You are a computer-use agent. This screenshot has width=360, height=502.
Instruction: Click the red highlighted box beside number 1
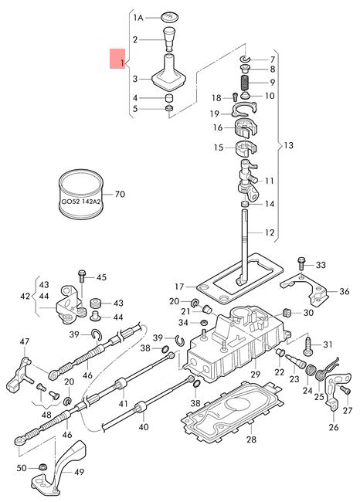tap(117, 59)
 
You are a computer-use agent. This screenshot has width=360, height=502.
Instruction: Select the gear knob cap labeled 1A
tap(170, 17)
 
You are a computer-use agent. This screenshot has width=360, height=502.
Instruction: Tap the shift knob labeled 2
tap(168, 39)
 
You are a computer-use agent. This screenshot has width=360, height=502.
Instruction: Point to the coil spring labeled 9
tap(246, 83)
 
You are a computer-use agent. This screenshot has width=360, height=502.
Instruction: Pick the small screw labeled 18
tap(235, 97)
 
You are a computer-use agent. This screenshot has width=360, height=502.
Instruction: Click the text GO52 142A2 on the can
tap(81, 202)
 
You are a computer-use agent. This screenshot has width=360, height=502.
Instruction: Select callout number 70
tap(120, 194)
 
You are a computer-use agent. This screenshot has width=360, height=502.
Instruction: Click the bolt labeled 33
tap(301, 263)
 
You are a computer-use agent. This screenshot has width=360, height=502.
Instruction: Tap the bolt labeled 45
tap(82, 276)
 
